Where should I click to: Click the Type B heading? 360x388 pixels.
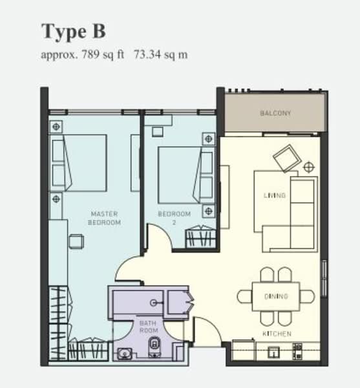tap(74, 32)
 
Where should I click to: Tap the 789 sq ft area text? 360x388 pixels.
tap(103, 54)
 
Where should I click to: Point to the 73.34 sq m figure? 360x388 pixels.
tap(161, 54)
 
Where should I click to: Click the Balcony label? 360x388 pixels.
tap(275, 113)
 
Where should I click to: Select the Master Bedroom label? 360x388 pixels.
tap(104, 218)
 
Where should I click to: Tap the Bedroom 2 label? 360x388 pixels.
tap(175, 218)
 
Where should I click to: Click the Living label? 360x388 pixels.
tap(275, 195)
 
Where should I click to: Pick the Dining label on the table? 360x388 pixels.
tap(276, 296)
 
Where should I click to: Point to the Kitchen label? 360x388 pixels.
tap(277, 334)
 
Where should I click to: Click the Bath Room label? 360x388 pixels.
tap(149, 327)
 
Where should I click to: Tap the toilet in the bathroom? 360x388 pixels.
tap(154, 347)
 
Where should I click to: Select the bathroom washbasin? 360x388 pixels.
tap(125, 354)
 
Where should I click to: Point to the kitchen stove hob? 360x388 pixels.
tap(297, 351)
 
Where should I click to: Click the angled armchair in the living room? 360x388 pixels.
tap(287, 158)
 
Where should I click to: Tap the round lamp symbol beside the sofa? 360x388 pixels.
tap(308, 167)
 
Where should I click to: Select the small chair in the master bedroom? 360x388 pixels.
tap(76, 241)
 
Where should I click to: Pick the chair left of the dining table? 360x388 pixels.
tap(245, 297)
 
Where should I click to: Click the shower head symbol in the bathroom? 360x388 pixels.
tap(154, 303)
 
